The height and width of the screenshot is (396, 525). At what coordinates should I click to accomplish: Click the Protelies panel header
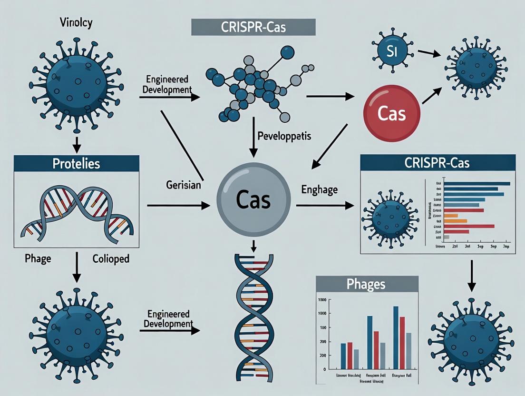(x=77, y=164)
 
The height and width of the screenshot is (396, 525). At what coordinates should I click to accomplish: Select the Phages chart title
(x=367, y=285)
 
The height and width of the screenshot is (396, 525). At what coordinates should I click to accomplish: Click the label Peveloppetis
(x=284, y=136)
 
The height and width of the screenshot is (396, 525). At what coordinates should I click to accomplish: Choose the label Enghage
(x=320, y=189)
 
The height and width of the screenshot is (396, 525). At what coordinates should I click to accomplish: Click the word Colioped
(x=111, y=259)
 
